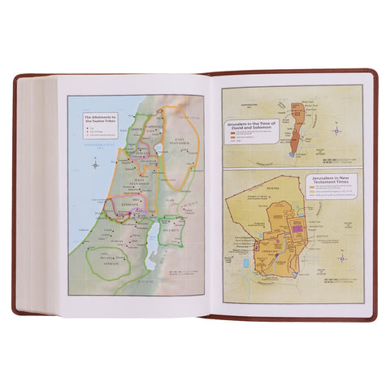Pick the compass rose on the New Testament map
tap(342, 259)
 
